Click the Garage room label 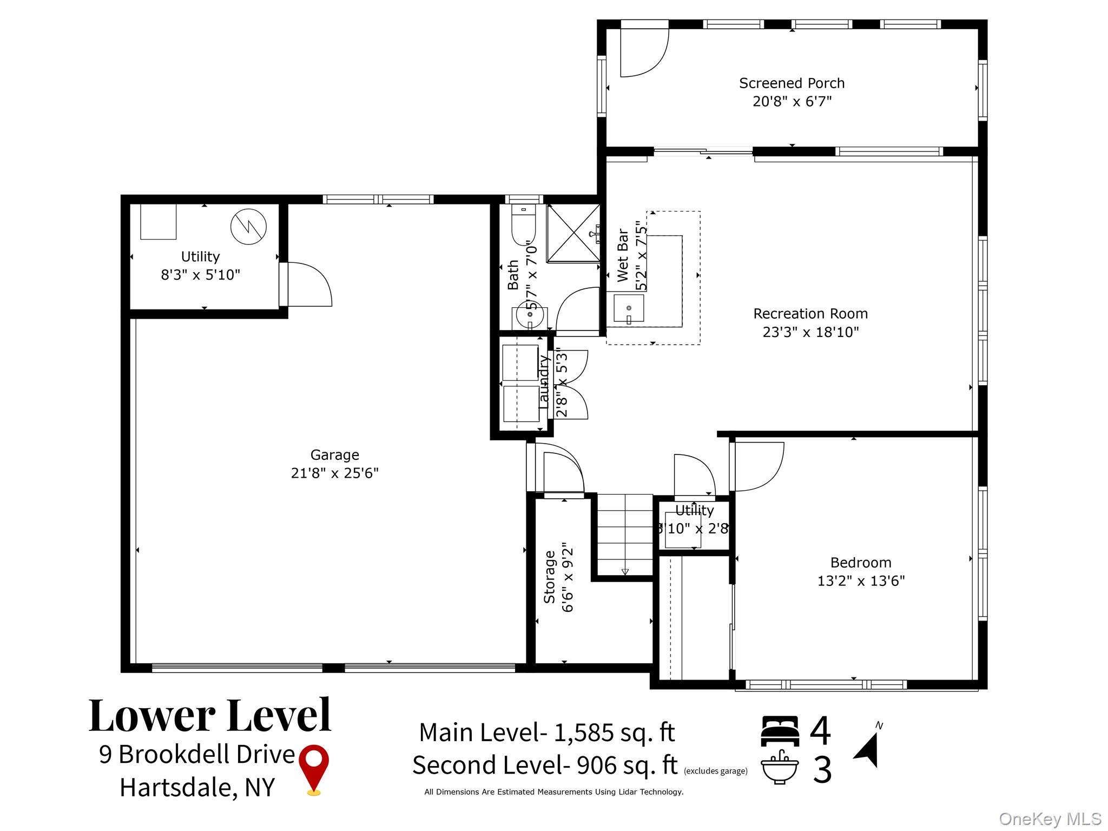(334, 455)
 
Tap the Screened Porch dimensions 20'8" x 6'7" (792, 102)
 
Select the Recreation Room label (810, 314)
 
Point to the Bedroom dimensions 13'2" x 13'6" (860, 581)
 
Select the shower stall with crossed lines (572, 233)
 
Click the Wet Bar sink (629, 309)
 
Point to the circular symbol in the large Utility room (248, 227)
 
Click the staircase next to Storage (625, 536)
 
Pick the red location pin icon (314, 769)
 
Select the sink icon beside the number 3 (780, 768)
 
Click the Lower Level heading (209, 716)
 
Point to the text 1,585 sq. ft (614, 733)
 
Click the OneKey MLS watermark (1050, 819)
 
